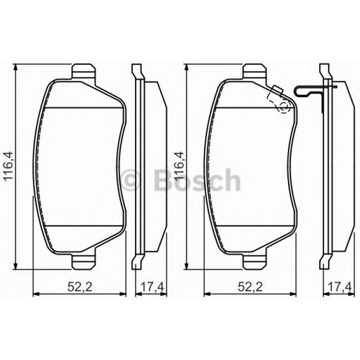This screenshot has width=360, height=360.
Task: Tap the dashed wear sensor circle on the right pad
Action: tap(283, 106)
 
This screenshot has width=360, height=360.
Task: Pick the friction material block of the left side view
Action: tap(155, 166)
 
